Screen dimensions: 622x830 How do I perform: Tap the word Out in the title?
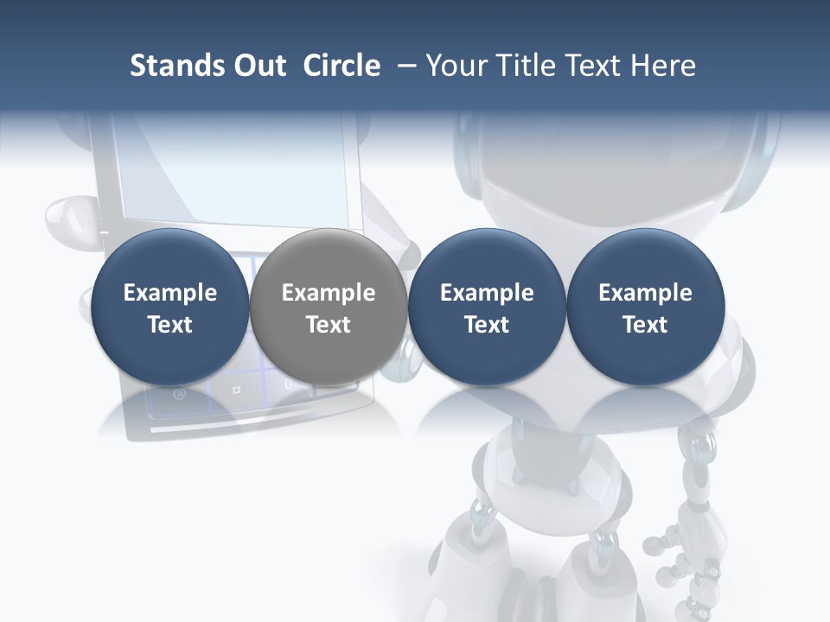(x=258, y=66)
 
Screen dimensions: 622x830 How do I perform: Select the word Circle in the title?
(x=342, y=66)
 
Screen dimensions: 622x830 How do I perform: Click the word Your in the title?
(x=456, y=66)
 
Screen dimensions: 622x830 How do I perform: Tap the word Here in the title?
(x=665, y=66)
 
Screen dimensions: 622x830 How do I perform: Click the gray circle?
(x=328, y=307)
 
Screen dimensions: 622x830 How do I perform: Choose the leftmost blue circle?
(x=169, y=307)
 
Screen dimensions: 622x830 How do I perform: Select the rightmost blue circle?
(x=645, y=307)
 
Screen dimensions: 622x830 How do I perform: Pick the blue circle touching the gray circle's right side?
(x=487, y=307)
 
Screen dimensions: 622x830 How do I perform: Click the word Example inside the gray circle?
(x=328, y=293)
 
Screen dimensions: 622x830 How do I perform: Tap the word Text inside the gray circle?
(x=328, y=325)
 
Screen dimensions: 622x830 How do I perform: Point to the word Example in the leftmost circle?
(x=169, y=293)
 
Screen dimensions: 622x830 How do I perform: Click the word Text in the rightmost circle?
(x=645, y=325)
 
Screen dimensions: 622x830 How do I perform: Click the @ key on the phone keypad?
(x=180, y=395)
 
